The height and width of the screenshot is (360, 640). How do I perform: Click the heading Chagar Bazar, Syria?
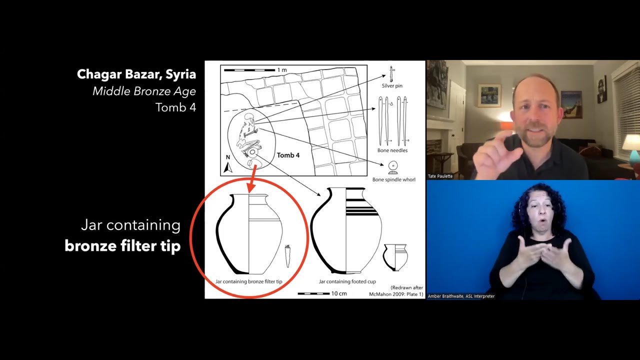pos(136,74)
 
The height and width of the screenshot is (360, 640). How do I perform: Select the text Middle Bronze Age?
pos(144,91)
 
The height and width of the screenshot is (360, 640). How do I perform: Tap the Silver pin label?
pos(392,85)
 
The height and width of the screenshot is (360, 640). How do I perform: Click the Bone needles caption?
pos(392,150)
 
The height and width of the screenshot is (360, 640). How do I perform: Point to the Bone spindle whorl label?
pos(393,179)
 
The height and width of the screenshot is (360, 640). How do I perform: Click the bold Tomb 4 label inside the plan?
pos(288,155)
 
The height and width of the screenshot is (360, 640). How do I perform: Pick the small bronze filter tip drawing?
pos(287,256)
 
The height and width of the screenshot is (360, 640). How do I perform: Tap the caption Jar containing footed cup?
pos(347,281)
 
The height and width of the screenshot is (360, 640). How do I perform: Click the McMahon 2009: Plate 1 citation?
pos(396,294)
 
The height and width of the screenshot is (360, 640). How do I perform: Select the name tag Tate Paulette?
pos(440,176)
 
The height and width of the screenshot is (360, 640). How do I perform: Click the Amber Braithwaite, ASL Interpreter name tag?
pos(461,296)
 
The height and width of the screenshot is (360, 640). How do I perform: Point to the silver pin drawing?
pos(391,74)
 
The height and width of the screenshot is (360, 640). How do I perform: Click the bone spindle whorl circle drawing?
pos(393,165)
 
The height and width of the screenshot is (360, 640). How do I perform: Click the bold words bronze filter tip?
pos(122,245)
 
